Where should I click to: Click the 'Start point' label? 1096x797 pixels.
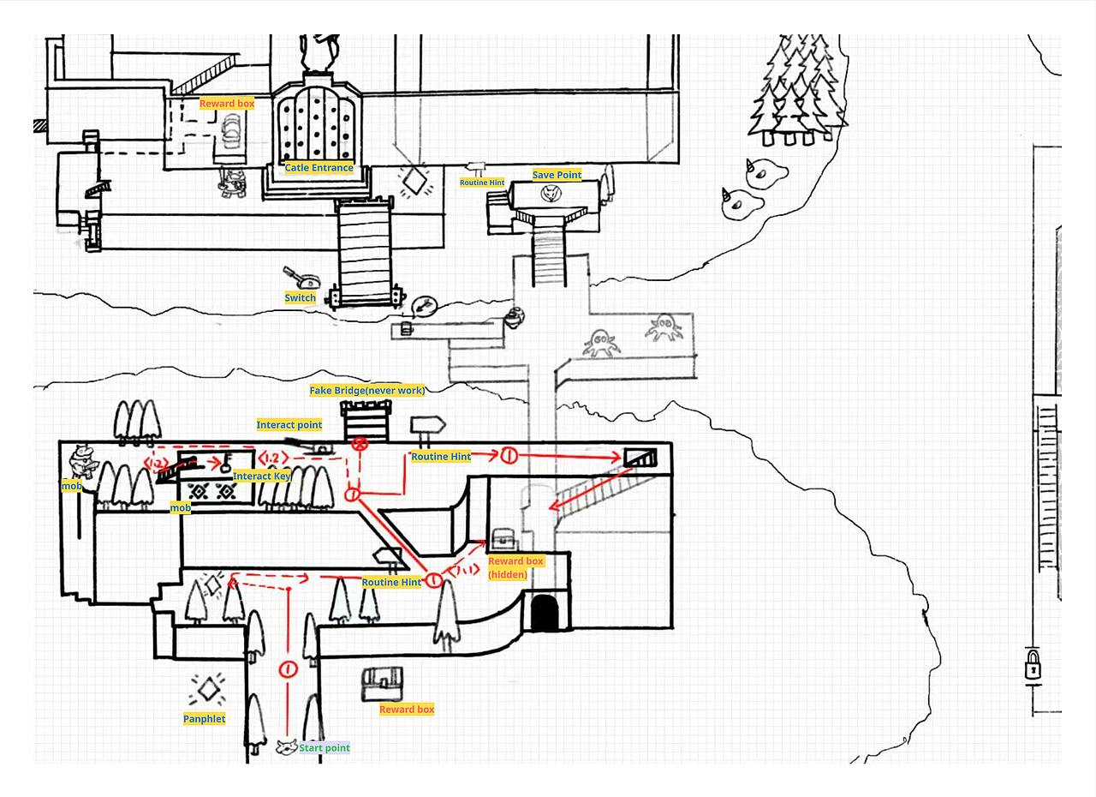pyautogui.click(x=325, y=747)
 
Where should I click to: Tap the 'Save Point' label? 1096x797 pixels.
pyautogui.click(x=557, y=175)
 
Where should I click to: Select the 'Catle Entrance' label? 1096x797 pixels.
pyautogui.click(x=319, y=167)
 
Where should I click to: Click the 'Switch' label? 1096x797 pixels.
pyautogui.click(x=300, y=297)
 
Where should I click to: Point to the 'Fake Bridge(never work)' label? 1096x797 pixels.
pyautogui.click(x=367, y=390)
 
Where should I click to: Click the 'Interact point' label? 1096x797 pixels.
pyautogui.click(x=289, y=424)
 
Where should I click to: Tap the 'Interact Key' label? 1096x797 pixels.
pyautogui.click(x=262, y=476)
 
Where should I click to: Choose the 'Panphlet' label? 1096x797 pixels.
pyautogui.click(x=204, y=719)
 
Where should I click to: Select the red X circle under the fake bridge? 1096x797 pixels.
pyautogui.click(x=360, y=445)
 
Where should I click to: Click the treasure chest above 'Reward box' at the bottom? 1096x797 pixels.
pyautogui.click(x=382, y=684)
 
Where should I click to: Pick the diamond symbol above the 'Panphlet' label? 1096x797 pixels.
pyautogui.click(x=208, y=689)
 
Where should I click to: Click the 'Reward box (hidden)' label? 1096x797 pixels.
pyautogui.click(x=515, y=568)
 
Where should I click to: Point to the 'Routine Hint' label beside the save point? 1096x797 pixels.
pyautogui.click(x=482, y=183)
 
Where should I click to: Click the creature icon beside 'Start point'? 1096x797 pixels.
pyautogui.click(x=287, y=747)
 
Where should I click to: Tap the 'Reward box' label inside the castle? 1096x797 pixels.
pyautogui.click(x=227, y=104)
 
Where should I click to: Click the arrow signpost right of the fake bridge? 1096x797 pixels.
pyautogui.click(x=427, y=425)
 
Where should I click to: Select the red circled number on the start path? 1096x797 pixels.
pyautogui.click(x=289, y=668)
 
